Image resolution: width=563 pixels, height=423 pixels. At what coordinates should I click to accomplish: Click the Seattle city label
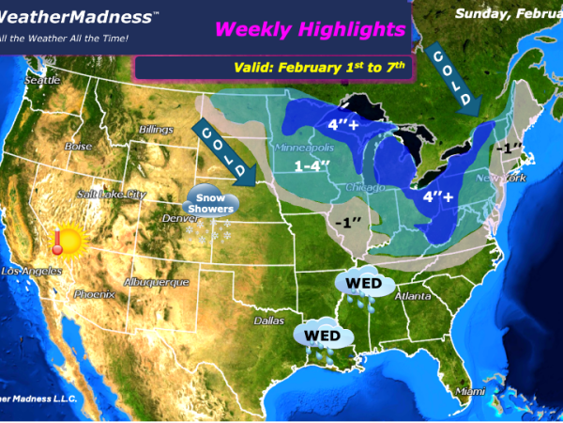click(41, 81)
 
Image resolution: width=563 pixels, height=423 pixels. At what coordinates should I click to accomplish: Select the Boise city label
click(78, 147)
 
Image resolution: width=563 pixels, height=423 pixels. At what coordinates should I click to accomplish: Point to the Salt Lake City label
click(113, 194)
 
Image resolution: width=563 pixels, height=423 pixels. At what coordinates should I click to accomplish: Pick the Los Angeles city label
click(31, 272)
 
